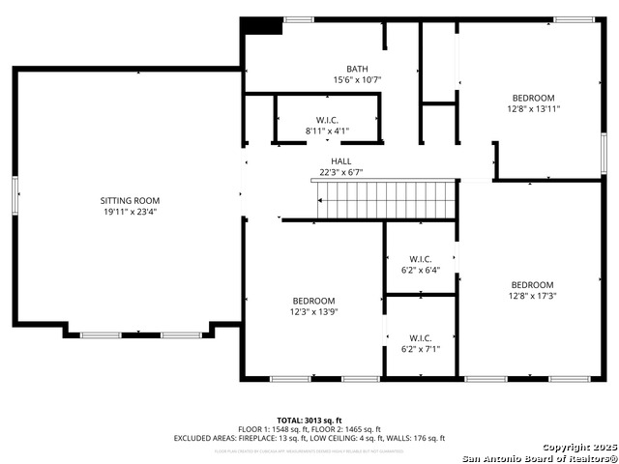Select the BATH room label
(357, 69)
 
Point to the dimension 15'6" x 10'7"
(357, 80)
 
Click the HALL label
(341, 161)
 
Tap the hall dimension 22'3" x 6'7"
(341, 173)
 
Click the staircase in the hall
(386, 200)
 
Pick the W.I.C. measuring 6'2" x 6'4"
(420, 264)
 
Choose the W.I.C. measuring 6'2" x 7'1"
(420, 343)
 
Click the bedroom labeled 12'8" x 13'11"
(533, 103)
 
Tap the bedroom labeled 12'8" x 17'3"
(532, 290)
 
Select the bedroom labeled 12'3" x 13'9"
(314, 305)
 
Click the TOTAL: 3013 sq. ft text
(309, 420)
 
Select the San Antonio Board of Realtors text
(539, 458)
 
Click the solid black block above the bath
(261, 26)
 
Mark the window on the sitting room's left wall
(15, 197)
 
